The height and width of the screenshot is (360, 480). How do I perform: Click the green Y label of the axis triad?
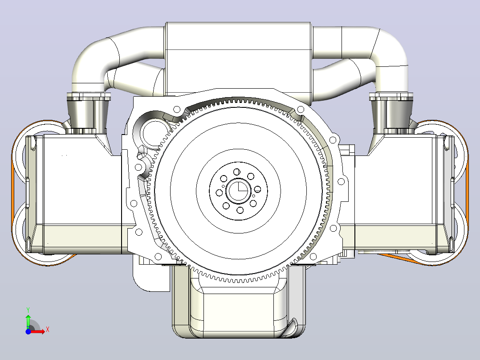tap(28, 310)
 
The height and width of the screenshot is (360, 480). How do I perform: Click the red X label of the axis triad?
tap(48, 330)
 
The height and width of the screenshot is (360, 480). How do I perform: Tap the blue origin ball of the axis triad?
tap(28, 331)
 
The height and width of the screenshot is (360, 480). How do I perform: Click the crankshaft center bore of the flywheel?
tap(239, 191)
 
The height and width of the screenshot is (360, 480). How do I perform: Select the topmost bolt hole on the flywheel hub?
tap(236, 172)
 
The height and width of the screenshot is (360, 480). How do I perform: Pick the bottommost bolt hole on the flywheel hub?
tap(240, 210)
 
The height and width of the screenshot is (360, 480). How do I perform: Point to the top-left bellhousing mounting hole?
tap(177, 109)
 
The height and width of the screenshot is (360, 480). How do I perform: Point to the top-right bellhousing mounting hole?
tap(301, 109)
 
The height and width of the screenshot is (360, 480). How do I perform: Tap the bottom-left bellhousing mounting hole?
tap(158, 256)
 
